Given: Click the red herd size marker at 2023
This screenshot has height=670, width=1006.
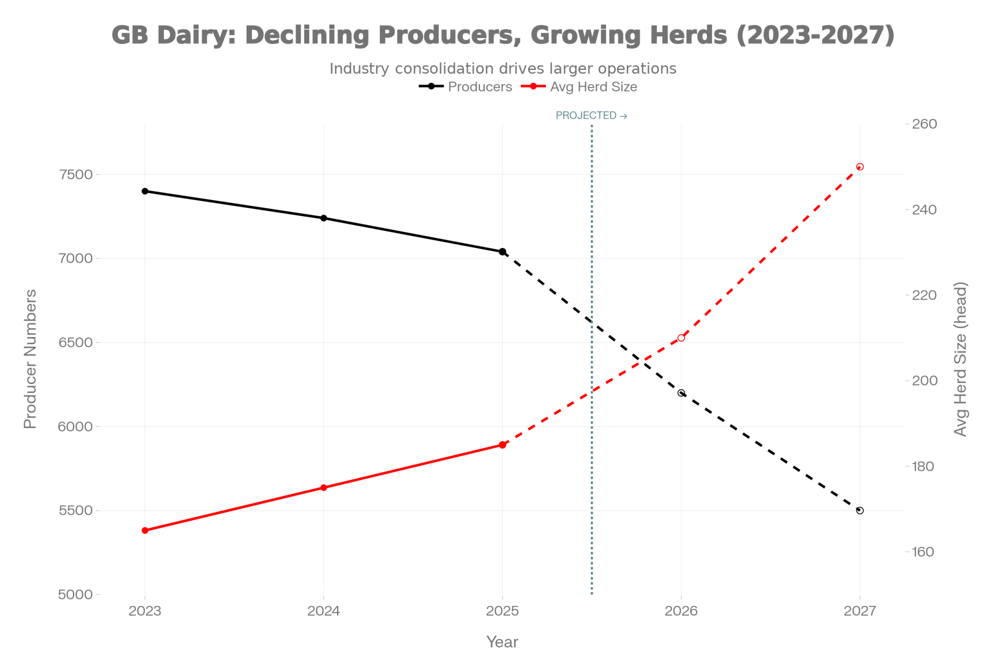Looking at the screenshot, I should coord(145,530).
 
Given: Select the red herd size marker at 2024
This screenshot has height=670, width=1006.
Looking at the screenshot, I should coord(323,488).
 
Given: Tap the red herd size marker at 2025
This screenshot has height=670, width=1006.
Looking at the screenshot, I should coord(502,445).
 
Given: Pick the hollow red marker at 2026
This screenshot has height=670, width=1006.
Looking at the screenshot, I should coord(681,338).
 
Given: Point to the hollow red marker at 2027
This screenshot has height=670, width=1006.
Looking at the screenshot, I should coord(860,167).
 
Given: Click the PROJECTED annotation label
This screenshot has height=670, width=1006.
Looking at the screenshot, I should coord(591,116).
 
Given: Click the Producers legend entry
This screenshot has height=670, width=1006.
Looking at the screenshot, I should coord(480,87).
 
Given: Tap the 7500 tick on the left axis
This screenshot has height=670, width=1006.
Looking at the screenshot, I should coord(76,174).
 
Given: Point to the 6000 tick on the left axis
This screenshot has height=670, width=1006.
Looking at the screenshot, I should coord(76,427).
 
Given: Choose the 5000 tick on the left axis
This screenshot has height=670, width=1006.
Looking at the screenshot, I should coord(76,595).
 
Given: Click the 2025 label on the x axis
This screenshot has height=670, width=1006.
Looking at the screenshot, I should coord(502,611).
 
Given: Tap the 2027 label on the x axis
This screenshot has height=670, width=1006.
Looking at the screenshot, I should coord(860,611).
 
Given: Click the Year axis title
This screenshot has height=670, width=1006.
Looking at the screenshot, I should coord(502,642).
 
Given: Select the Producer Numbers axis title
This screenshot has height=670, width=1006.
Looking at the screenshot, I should coord(31,359).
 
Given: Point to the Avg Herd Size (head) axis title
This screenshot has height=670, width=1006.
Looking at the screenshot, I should coord(960,359).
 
